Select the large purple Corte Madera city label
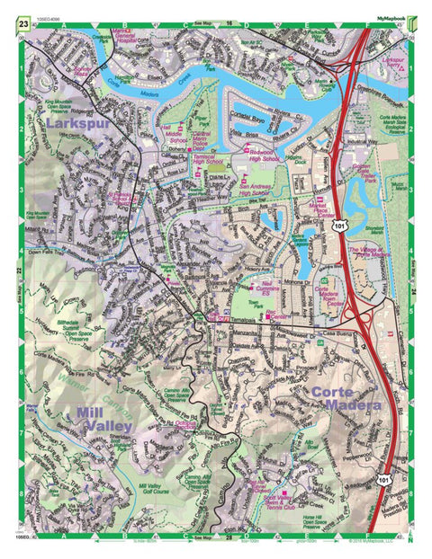(346, 400)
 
